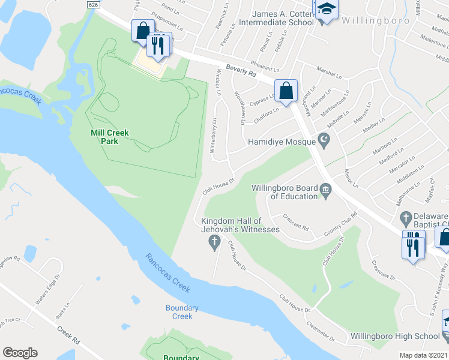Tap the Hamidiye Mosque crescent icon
(325, 141)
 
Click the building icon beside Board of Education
(326, 191)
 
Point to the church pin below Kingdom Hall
(213, 242)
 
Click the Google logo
(19, 353)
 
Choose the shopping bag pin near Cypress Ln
(287, 91)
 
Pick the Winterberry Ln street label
(214, 139)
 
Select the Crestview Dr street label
(382, 269)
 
